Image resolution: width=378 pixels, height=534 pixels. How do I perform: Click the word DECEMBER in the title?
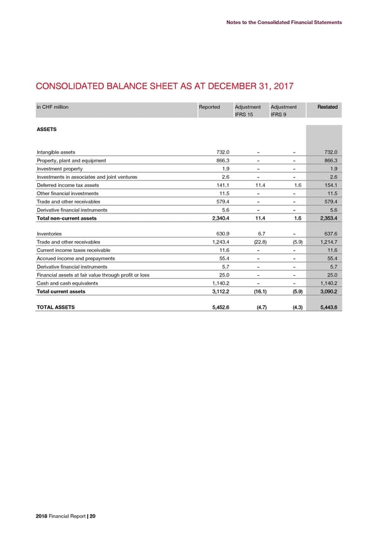tap(216, 87)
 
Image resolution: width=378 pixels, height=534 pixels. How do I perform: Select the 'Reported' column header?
tap(209, 106)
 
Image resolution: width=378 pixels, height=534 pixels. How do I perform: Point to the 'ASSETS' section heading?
tap(47, 129)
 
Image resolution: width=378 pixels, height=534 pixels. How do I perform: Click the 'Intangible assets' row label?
tap(56, 151)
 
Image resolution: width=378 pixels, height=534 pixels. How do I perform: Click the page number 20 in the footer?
tap(93, 516)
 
